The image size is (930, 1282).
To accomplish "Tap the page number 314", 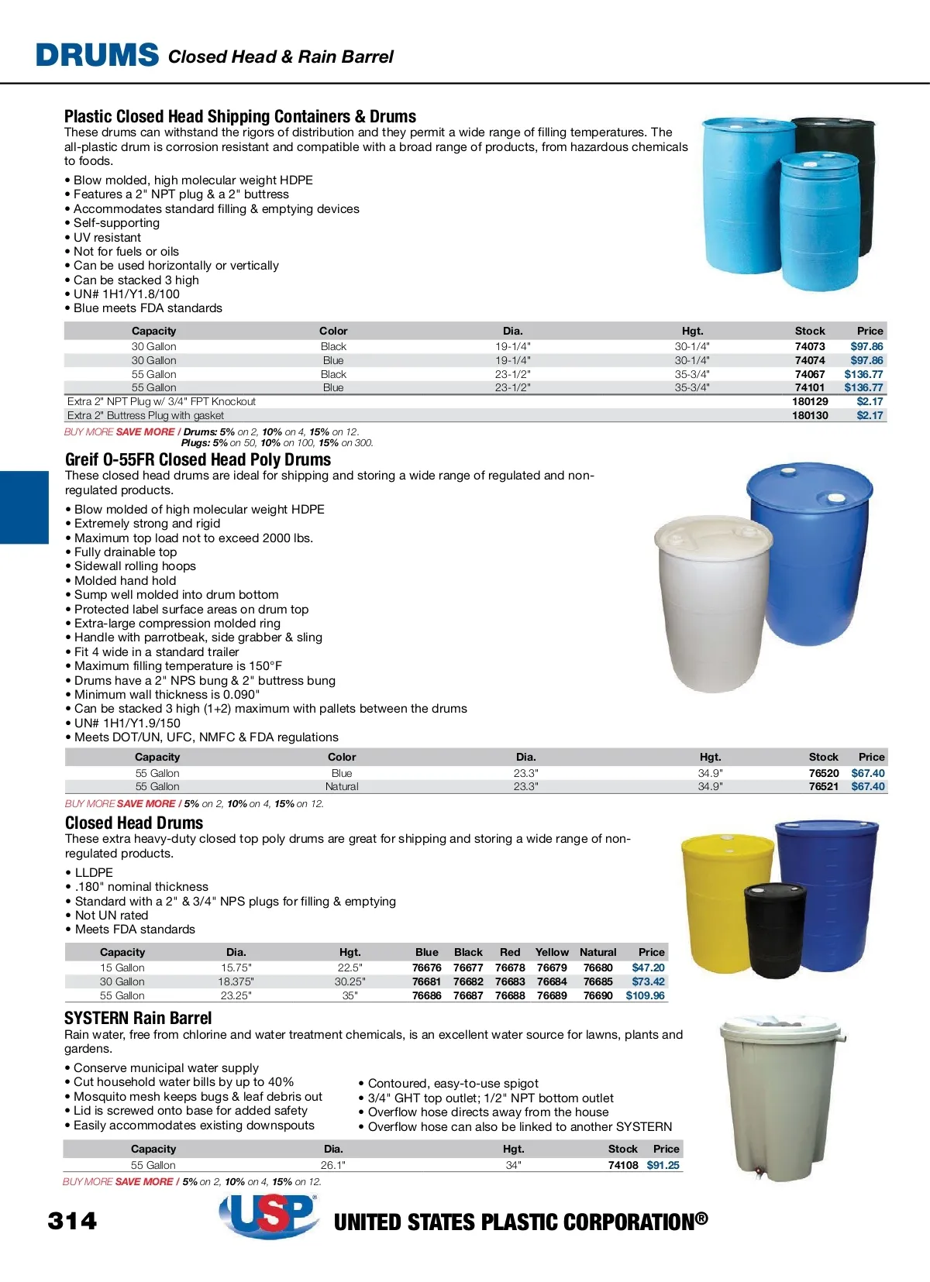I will pos(73,1222).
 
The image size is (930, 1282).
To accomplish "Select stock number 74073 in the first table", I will pos(810,346).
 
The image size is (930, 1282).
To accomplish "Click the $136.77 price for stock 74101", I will pos(863,387).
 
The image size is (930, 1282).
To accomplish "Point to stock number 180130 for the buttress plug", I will pos(810,415).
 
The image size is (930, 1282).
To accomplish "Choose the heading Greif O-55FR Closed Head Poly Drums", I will pos(198,459).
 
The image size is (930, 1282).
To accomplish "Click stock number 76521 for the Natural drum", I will pos(824,786).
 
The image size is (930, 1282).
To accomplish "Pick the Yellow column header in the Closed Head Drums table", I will pos(552,952).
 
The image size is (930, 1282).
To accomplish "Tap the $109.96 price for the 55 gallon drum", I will pos(645,995).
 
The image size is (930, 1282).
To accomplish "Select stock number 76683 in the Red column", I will pos(510,981).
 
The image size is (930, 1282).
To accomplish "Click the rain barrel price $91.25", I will pos(663,1165).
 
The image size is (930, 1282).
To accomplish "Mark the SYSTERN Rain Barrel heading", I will pos(138,1018).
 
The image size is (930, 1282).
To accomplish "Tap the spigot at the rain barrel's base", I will pos(759,1173).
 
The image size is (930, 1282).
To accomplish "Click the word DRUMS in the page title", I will pos(97,55).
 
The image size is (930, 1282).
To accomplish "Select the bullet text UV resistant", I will pos(107,237).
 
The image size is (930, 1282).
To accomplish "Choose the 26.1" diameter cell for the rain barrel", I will pos(333,1165).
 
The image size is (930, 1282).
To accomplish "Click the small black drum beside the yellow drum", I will pos(775,930).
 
